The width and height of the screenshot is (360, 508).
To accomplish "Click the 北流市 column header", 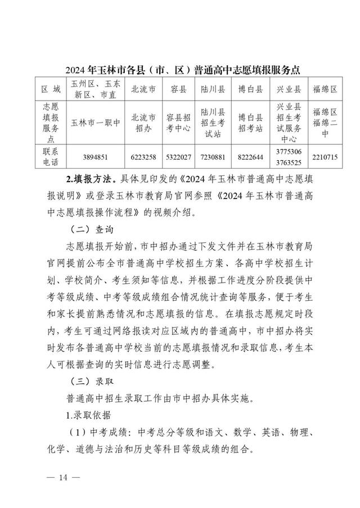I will [x=143, y=89].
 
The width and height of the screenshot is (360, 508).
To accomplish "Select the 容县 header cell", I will [x=179, y=89].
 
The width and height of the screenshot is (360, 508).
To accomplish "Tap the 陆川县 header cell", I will [x=213, y=89].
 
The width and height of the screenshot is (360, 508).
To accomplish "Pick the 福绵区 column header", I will [x=325, y=89].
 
